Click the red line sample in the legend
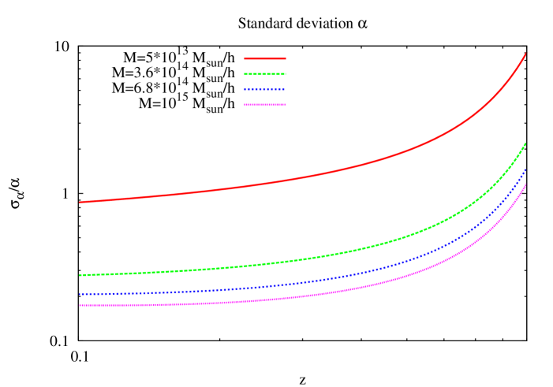[x=265, y=58]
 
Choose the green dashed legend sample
[x=265, y=74]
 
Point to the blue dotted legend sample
[x=265, y=89]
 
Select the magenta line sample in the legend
[x=265, y=105]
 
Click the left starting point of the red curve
[x=80, y=202]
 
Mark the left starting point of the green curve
[x=80, y=275]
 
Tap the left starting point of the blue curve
[x=80, y=294]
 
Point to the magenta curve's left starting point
[x=80, y=305]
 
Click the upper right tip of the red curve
[x=525, y=54]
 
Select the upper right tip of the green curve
[x=525, y=143]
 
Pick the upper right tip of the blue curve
[x=525, y=169]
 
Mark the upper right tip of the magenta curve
[x=525, y=184]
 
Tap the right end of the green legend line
[x=285, y=74]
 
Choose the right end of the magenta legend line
[x=285, y=105]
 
